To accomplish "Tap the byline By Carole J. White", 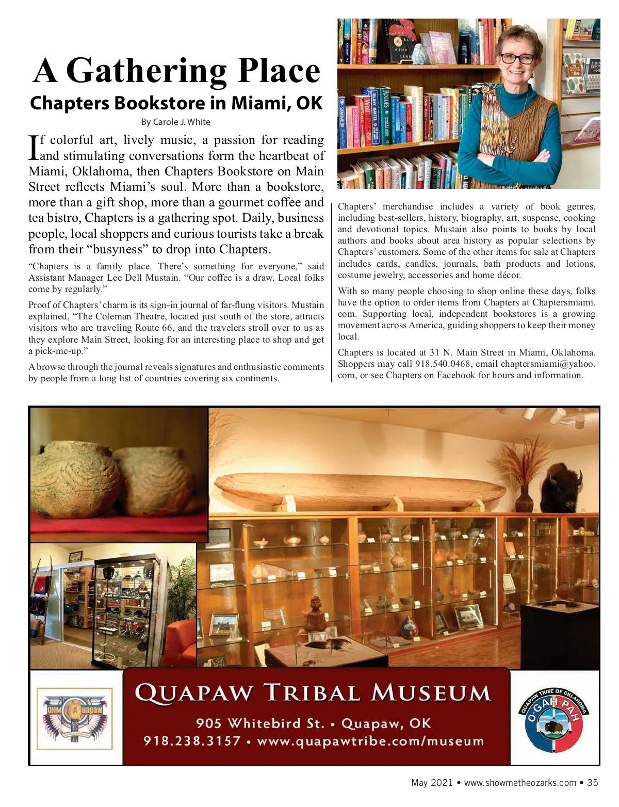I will tap(175, 122).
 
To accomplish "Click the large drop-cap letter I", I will tap(33, 147).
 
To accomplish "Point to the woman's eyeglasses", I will tap(517, 58).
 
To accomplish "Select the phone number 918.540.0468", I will tap(443, 364).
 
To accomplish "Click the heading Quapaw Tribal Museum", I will tap(313, 692).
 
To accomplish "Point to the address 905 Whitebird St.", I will tap(260, 723).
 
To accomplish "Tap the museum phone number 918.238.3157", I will tap(192, 741).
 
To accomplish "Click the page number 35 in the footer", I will tap(593, 783).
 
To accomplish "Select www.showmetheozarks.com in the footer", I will tap(520, 783).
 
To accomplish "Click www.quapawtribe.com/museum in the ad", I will tap(370, 741).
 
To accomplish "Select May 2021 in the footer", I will tap(431, 783).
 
